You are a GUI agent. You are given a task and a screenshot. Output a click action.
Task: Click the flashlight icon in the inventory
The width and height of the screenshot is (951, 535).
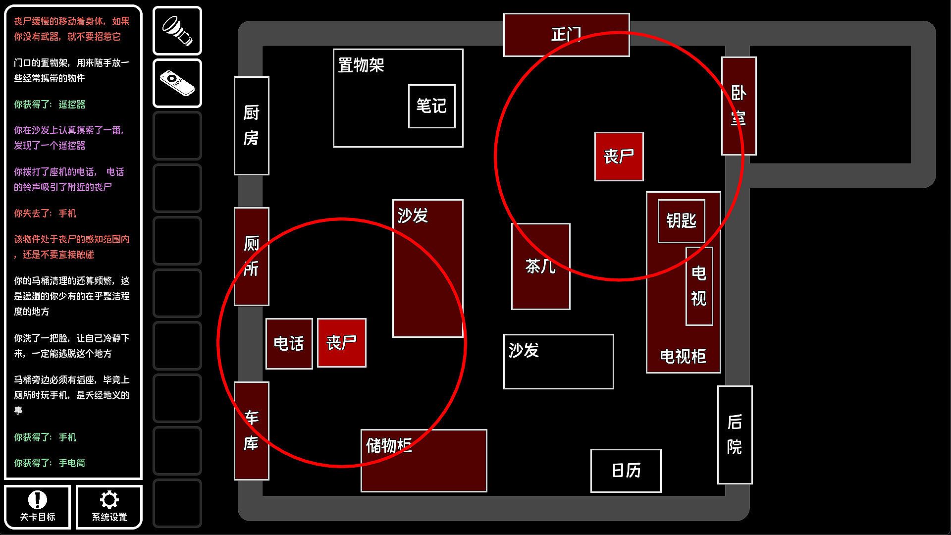[177, 31]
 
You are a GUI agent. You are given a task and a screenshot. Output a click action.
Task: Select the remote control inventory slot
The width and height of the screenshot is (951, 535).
[177, 83]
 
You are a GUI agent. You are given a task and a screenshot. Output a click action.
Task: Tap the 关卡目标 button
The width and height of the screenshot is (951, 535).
[38, 507]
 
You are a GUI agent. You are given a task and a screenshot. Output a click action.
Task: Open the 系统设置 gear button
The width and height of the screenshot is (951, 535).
[109, 507]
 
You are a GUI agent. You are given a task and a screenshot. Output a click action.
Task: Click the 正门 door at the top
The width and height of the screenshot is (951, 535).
[567, 35]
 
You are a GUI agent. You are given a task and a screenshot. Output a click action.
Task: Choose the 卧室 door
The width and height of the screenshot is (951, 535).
[739, 106]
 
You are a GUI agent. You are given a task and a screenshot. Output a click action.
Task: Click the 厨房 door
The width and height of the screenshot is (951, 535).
[252, 126]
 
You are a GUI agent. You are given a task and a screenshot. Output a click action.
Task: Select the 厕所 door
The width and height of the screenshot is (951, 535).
[252, 257]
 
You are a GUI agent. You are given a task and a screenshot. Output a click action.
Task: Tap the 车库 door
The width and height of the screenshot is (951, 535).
[252, 431]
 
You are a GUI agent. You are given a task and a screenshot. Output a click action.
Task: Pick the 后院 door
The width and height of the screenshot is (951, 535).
[735, 435]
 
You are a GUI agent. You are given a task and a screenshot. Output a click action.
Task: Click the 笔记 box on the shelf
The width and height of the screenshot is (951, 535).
[432, 106]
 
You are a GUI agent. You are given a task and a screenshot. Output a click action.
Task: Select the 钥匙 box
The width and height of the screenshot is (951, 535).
[682, 221]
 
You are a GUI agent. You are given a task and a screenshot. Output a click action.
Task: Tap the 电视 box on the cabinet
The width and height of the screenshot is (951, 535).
[699, 286]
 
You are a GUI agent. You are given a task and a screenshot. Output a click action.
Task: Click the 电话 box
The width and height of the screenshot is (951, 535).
[289, 344]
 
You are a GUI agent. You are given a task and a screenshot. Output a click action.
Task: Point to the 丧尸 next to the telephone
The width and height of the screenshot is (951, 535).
[342, 343]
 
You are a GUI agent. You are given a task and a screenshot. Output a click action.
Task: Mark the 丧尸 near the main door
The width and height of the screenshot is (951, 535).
[619, 157]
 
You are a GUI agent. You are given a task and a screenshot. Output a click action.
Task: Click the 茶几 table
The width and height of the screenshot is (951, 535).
[541, 267]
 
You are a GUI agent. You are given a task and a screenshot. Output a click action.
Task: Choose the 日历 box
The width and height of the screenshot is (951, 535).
[626, 471]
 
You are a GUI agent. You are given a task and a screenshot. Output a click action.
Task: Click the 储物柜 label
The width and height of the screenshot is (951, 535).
[389, 445]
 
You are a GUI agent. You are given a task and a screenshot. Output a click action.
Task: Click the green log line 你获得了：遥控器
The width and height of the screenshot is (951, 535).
[50, 105]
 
